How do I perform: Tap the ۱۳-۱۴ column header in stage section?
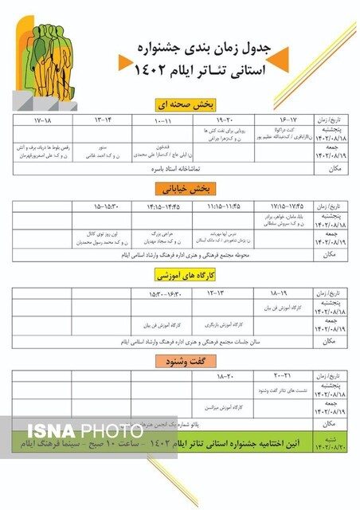click(x=103, y=121)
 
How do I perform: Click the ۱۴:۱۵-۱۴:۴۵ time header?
click(x=162, y=206)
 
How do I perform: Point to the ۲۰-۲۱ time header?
click(x=283, y=375)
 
